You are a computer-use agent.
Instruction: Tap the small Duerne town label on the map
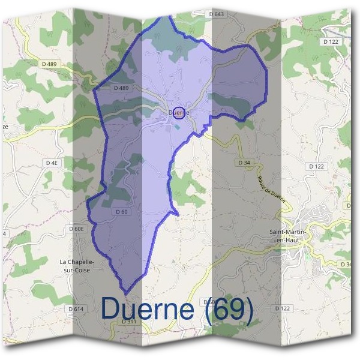(x=178, y=112)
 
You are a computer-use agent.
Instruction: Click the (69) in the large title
(x=229, y=309)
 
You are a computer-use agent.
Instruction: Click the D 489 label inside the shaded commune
(x=121, y=88)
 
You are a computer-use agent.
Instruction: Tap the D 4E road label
(x=52, y=163)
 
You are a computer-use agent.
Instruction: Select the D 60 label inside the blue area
(x=121, y=211)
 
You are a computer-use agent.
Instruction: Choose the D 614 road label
(x=76, y=308)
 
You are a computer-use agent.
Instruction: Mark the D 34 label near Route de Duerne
(x=244, y=163)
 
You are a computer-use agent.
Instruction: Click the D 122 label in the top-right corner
(x=331, y=41)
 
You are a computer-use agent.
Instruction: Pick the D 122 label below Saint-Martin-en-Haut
(x=283, y=308)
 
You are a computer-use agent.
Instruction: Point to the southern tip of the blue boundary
(x=127, y=293)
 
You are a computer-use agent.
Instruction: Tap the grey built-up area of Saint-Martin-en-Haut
(x=312, y=225)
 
